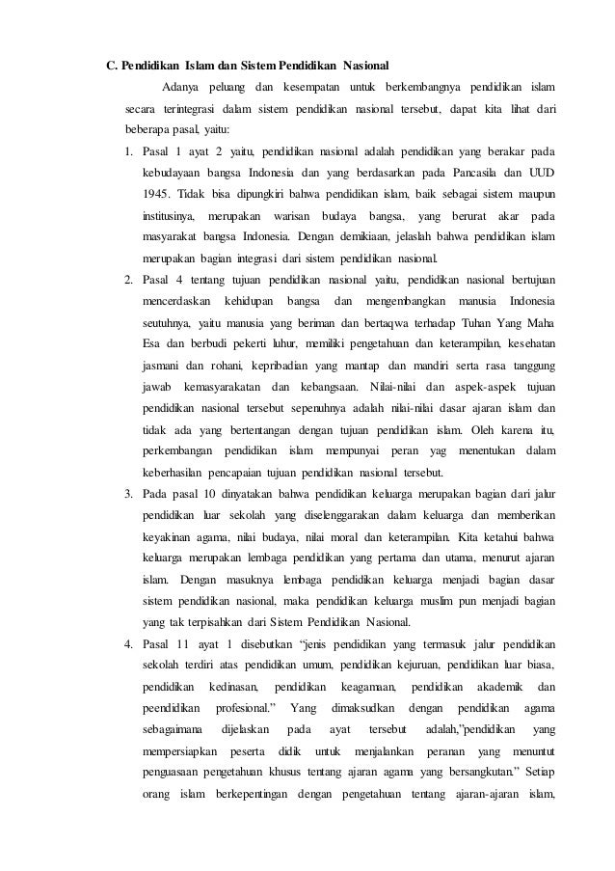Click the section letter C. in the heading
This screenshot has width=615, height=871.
112,67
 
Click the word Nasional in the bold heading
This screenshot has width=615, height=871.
363,67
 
